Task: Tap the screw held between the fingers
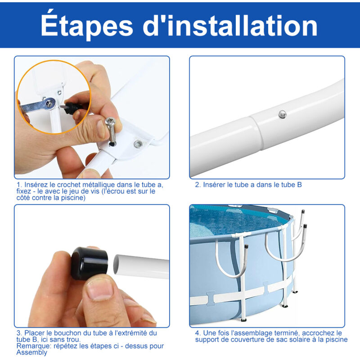111,131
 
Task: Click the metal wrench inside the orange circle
38,105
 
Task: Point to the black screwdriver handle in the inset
73,108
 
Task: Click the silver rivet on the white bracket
138,144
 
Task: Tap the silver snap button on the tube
283,114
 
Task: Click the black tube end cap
90,263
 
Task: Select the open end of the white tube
117,264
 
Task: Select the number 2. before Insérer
198,185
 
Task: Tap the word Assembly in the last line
31,352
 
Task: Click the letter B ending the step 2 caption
299,185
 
